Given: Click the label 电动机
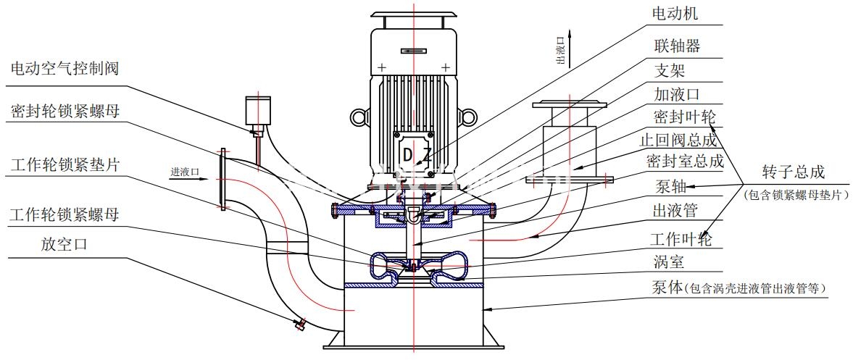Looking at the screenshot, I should click(x=676, y=14).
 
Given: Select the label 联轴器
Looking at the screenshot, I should click(x=676, y=46).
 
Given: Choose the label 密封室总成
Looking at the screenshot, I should click(x=685, y=162).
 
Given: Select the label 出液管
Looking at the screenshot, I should click(x=676, y=211).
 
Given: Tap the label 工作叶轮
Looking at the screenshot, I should click(x=681, y=238).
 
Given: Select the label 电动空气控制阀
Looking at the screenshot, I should click(x=65, y=69).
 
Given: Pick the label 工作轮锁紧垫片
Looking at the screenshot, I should click(x=65, y=164).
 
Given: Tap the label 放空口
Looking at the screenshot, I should click(x=65, y=244).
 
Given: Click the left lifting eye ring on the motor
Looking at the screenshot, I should click(x=359, y=117).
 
